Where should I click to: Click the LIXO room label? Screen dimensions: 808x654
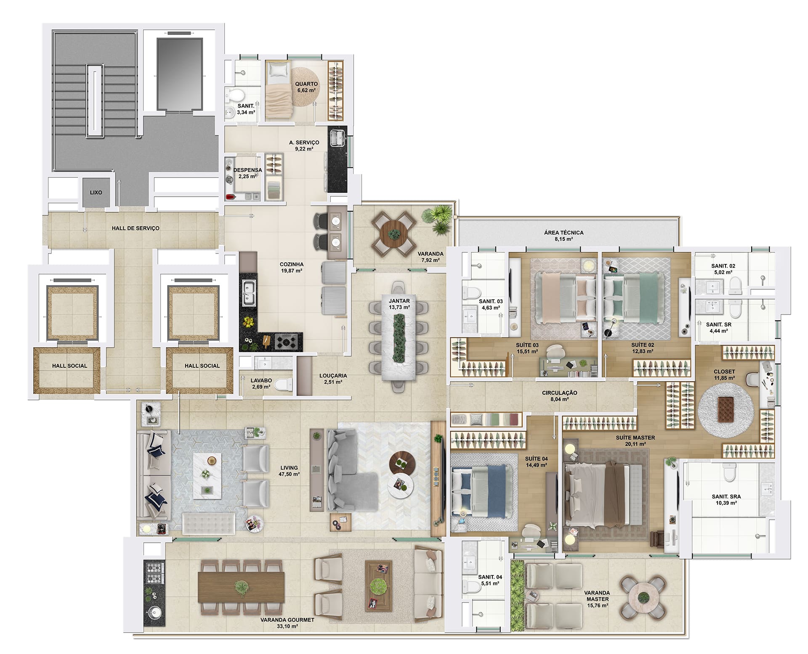pos(96,193)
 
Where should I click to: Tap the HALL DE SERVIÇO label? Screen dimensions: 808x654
pos(136,228)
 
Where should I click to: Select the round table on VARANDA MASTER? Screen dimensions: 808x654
pos(643,597)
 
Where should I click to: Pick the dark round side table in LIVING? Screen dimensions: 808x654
pos(403,462)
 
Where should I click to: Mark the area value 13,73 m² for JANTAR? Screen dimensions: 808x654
pos(399,307)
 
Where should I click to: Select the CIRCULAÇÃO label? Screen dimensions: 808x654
pos(559,393)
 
